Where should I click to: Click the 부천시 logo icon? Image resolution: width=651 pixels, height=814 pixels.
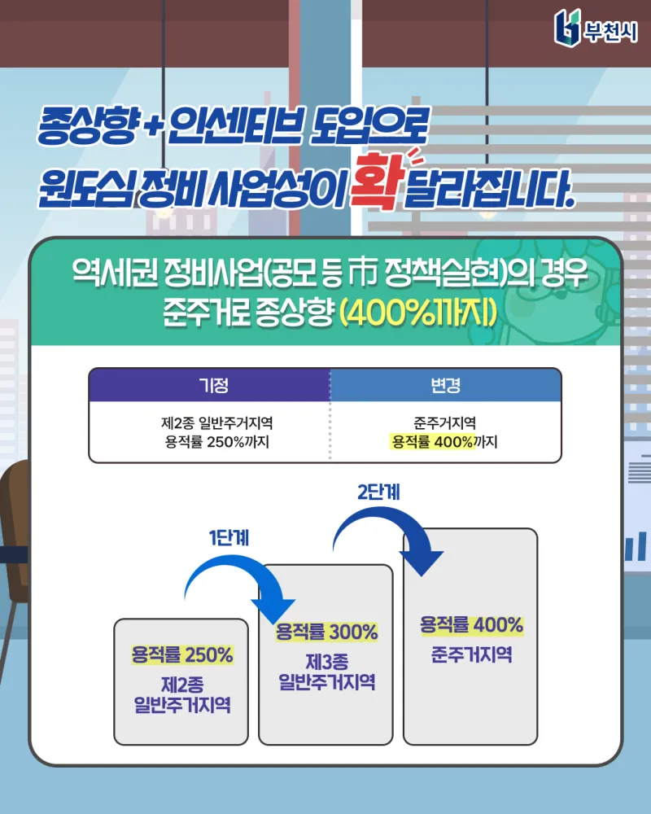[567, 27]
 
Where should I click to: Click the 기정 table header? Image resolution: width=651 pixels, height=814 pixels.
[209, 384]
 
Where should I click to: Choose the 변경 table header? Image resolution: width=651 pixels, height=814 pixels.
[446, 384]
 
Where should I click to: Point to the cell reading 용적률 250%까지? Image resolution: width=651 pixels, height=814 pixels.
[216, 443]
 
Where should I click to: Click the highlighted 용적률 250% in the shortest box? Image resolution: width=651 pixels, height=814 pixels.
[182, 654]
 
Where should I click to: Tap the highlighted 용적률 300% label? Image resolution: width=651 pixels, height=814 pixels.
[326, 632]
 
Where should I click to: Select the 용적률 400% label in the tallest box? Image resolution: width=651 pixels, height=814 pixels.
[471, 625]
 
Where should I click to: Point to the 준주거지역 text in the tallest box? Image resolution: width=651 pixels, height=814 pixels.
[471, 654]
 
